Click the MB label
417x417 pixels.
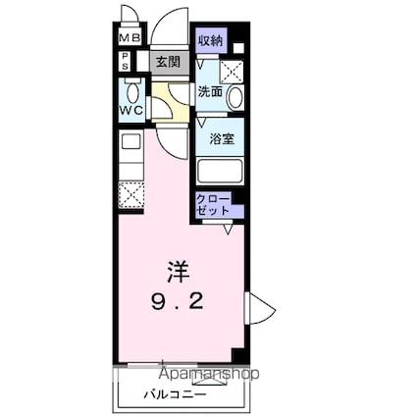[130, 39]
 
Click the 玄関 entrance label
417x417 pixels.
[167, 62]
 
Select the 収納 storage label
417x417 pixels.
[209, 40]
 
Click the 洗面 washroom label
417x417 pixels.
[210, 92]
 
